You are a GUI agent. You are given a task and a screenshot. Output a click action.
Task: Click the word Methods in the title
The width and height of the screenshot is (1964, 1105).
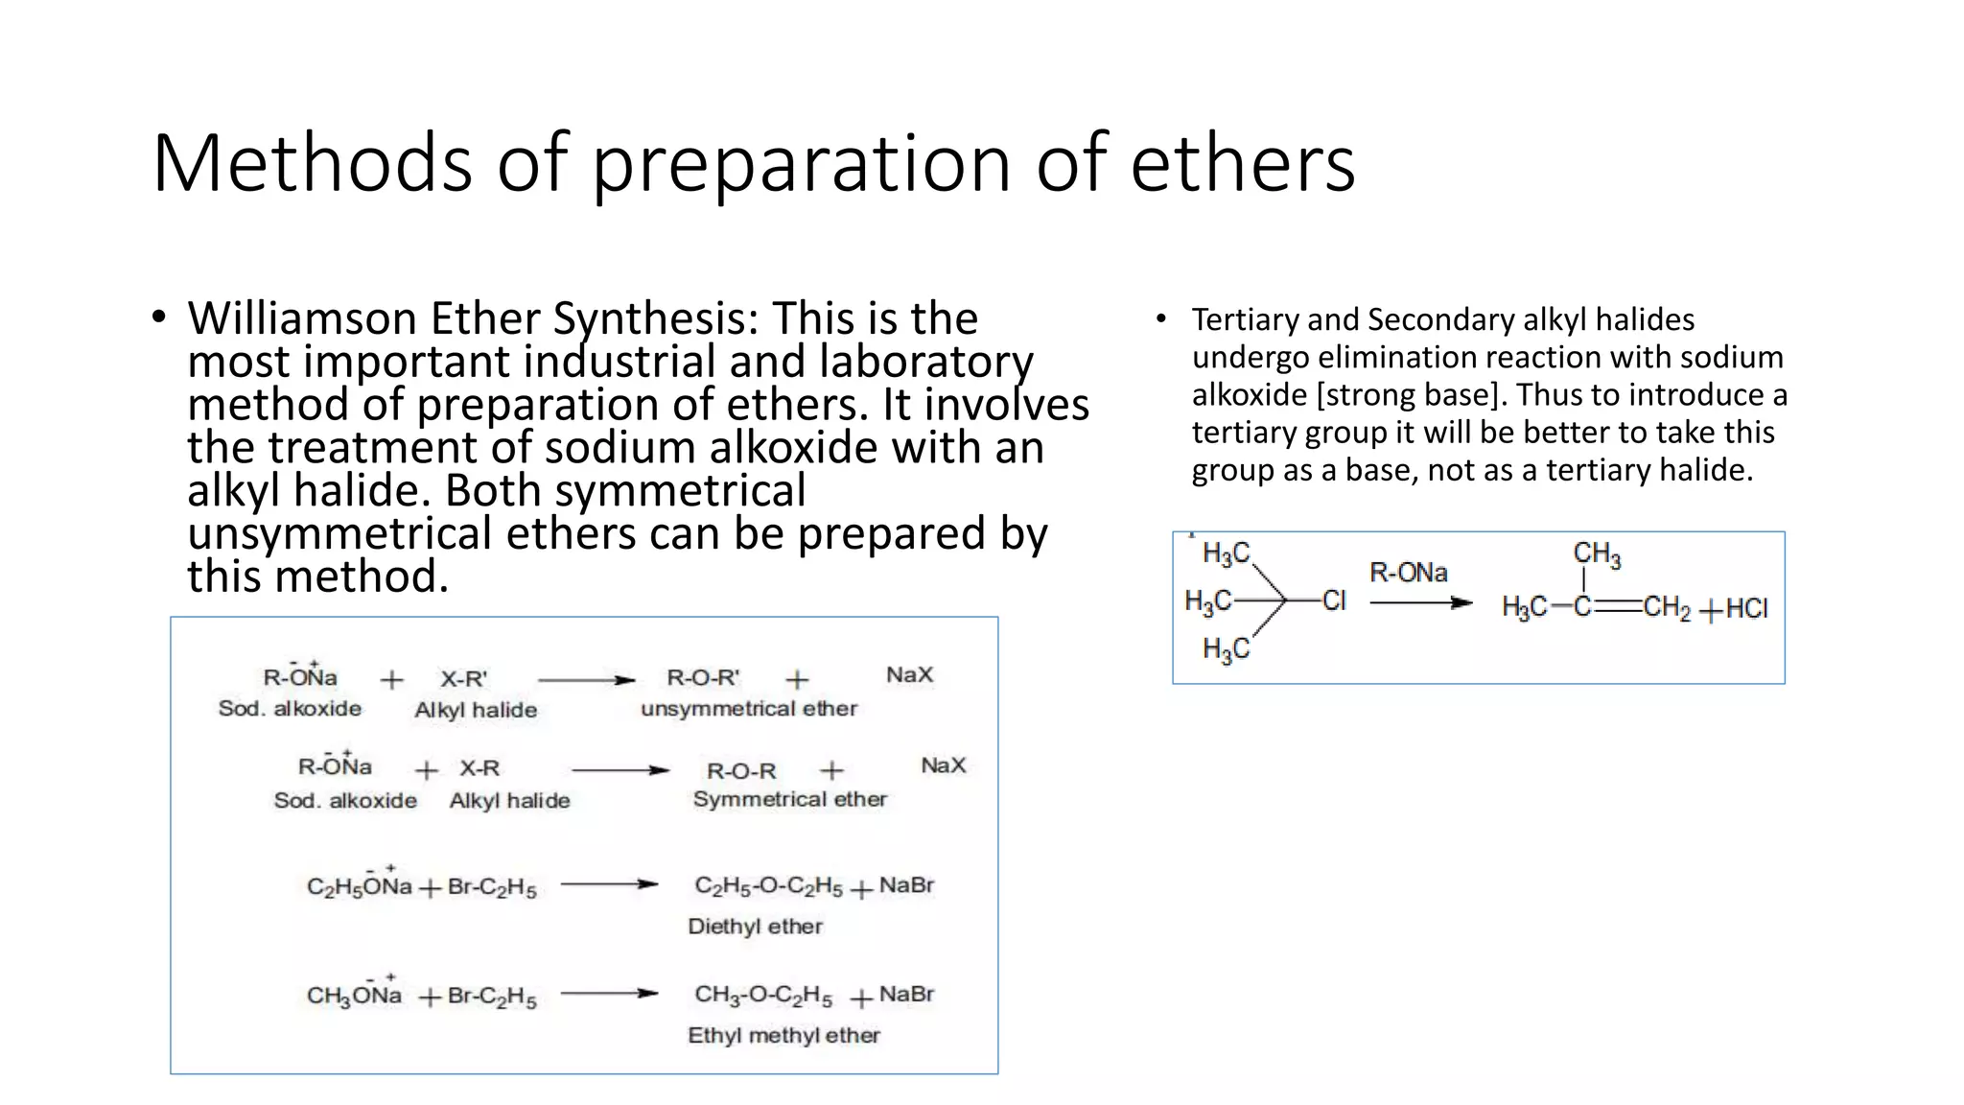tap(313, 163)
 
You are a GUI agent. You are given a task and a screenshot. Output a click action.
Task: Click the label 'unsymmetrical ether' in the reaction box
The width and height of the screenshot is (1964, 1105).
tap(749, 709)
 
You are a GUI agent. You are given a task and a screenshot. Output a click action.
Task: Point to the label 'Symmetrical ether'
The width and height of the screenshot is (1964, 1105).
tap(789, 799)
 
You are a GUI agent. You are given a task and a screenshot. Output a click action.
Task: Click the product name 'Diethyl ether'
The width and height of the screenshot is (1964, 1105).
tap(755, 927)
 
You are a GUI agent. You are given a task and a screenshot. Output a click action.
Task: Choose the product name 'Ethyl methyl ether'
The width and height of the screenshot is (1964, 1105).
tap(783, 1036)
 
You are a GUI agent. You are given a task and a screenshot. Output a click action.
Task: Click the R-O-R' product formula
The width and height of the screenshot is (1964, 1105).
tap(703, 678)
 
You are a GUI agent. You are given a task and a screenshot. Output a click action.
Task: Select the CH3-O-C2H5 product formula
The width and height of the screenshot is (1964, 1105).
tap(763, 996)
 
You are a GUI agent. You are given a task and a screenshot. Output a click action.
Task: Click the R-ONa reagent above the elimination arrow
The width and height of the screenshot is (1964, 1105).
tap(1408, 573)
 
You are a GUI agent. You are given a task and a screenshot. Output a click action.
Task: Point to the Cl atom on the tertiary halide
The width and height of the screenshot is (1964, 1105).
tap(1334, 601)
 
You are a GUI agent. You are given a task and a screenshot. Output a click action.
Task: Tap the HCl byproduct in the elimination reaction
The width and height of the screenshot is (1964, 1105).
tap(1745, 609)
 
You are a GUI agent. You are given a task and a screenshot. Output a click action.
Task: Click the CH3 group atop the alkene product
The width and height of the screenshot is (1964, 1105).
tap(1596, 554)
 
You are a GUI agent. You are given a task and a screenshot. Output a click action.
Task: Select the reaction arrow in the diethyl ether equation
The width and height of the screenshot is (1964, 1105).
tap(609, 884)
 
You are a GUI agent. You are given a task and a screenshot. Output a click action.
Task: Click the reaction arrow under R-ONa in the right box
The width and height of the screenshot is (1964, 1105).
tap(1420, 602)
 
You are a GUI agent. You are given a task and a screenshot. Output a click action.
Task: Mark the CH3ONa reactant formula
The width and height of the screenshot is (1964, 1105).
tap(354, 996)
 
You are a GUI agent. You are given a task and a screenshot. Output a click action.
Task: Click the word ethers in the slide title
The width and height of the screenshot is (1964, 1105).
tap(1242, 163)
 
